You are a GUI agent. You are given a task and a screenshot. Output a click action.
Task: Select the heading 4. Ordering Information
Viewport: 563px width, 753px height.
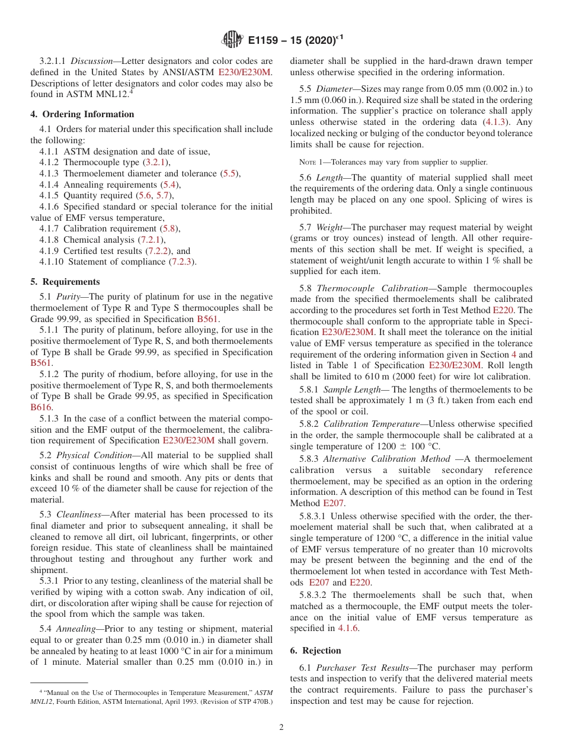[82, 114]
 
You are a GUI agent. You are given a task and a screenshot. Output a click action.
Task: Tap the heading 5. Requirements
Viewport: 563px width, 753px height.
[65, 282]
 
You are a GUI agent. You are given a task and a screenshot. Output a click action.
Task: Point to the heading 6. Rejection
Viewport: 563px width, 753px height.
[315, 650]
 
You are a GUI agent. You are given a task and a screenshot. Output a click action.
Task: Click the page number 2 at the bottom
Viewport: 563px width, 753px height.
[281, 727]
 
